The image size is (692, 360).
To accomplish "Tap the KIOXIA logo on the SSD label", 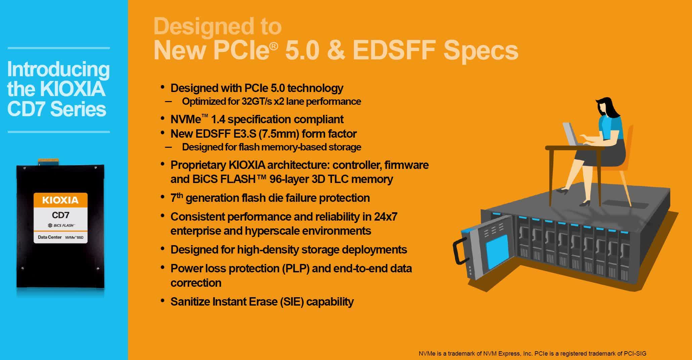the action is (x=60, y=200).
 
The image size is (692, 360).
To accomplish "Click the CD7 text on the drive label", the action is (x=60, y=215).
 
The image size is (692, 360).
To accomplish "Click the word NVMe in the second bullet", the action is (x=186, y=120).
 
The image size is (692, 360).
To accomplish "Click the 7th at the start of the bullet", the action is (x=177, y=197).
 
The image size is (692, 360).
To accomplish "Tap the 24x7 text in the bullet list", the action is (x=386, y=217).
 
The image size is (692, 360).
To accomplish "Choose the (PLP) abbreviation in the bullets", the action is (x=295, y=269).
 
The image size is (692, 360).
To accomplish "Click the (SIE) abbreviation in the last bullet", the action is (x=292, y=302).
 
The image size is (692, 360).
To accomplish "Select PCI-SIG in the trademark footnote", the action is (x=635, y=354).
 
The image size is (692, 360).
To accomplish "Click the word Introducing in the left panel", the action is (x=58, y=69).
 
